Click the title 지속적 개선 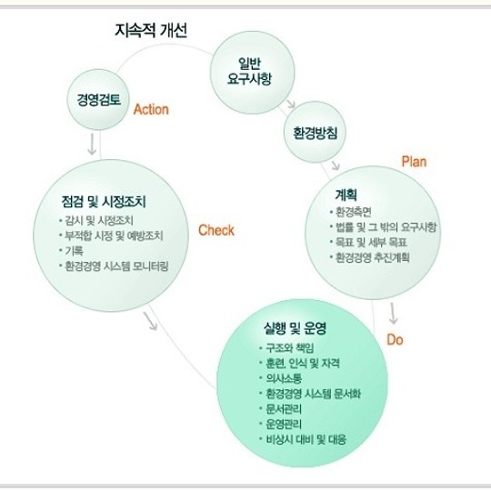click(151, 31)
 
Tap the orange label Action click(151, 110)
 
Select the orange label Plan click(414, 162)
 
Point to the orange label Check click(216, 230)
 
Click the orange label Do click(395, 339)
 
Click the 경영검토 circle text click(98, 100)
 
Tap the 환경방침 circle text click(316, 133)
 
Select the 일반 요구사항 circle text click(249, 72)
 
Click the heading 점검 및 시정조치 click(104, 202)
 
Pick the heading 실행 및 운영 click(295, 328)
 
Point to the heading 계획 click(346, 195)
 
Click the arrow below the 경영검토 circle click(92, 145)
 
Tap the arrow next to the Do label click(393, 313)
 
